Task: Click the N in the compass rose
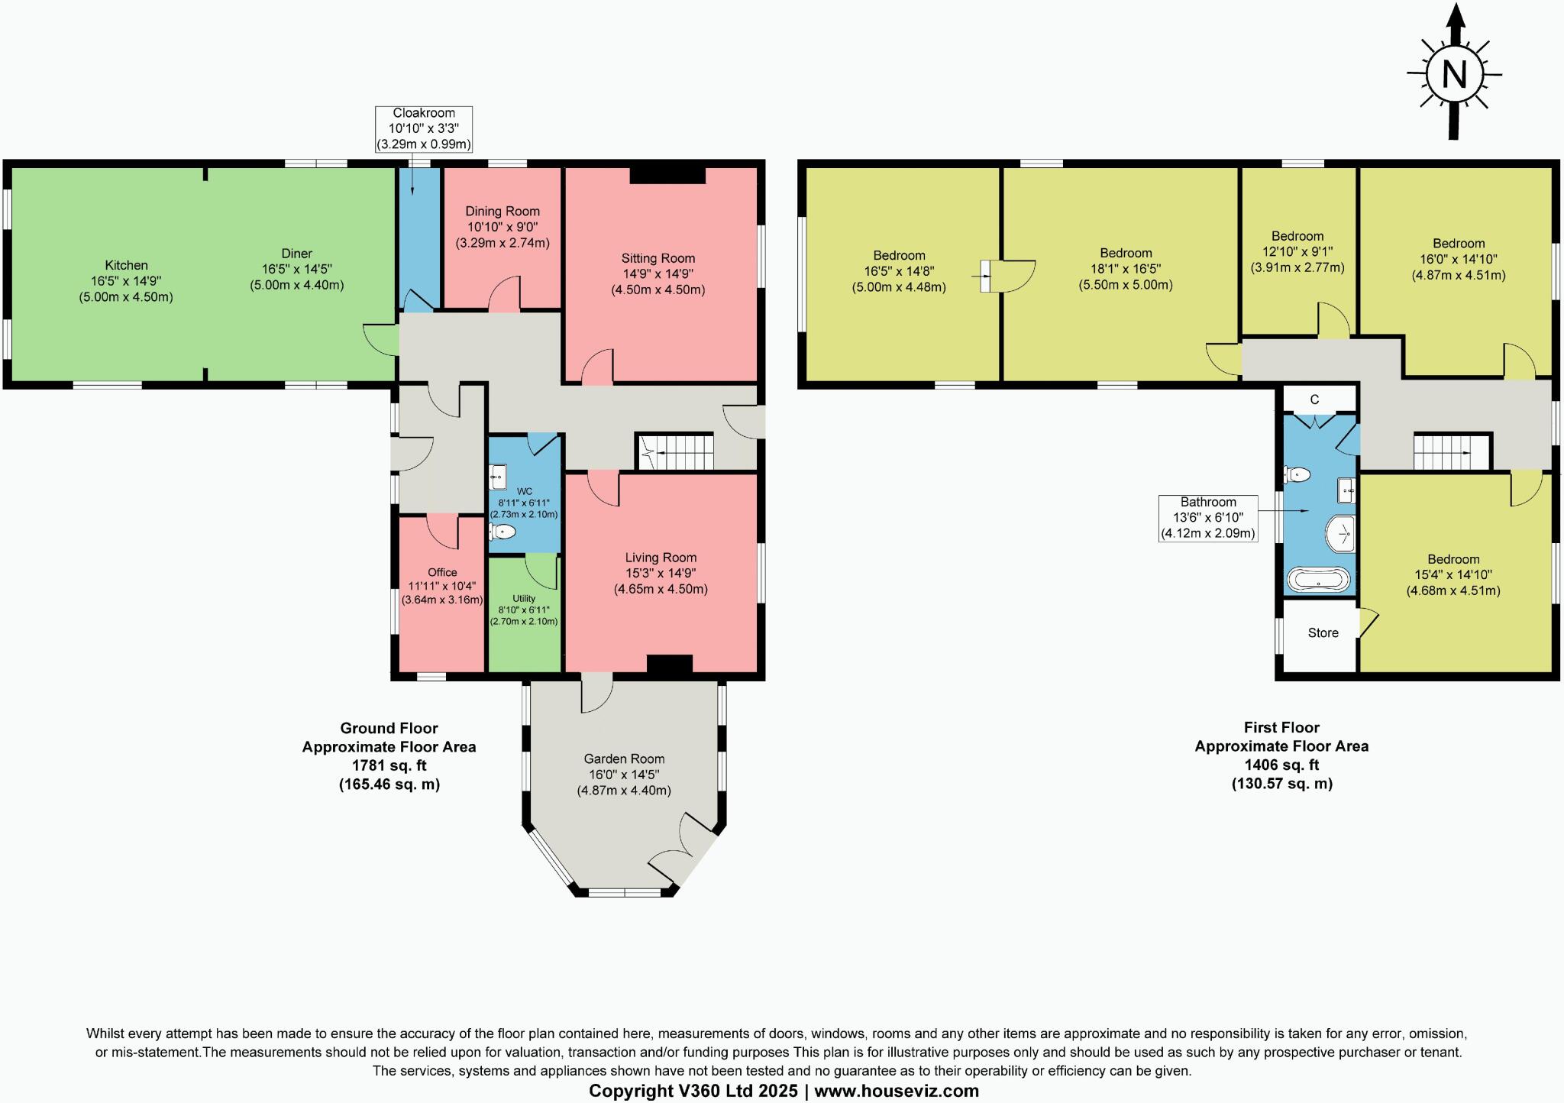point(1454,75)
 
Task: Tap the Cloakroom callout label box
point(423,128)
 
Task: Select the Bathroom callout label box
point(1207,518)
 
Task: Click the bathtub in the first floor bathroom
point(1319,580)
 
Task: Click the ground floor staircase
point(675,452)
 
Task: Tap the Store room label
point(1323,633)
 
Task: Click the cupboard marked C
point(1314,399)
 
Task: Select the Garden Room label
point(624,759)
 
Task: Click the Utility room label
point(524,598)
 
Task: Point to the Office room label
point(442,572)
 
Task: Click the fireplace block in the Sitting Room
point(667,175)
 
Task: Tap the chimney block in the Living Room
point(669,665)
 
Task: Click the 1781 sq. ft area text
point(389,765)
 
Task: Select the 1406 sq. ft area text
point(1281,765)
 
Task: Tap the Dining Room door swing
point(505,296)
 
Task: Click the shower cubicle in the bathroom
point(1340,533)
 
